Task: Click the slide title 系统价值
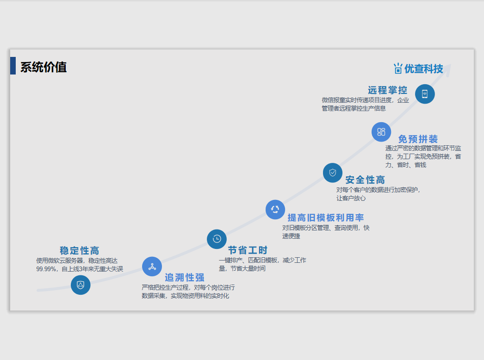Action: point(43,67)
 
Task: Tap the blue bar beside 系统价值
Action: point(13,66)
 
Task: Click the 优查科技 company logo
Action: point(418,69)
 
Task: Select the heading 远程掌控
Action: point(388,90)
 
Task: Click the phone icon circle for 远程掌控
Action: point(425,94)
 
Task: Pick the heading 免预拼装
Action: point(418,139)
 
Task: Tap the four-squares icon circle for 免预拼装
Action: point(381,132)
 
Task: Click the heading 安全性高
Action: point(365,180)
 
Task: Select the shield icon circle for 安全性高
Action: point(333,173)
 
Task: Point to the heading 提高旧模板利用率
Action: point(326,217)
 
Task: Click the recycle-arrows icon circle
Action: point(275,209)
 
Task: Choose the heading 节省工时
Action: point(248,250)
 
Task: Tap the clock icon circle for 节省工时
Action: point(217,239)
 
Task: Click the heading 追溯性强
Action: point(185,277)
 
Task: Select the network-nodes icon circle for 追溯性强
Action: point(152,267)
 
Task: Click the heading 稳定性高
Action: point(79,250)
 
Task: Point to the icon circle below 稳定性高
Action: point(81,285)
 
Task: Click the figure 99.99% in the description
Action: point(46,269)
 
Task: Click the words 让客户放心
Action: point(351,198)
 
